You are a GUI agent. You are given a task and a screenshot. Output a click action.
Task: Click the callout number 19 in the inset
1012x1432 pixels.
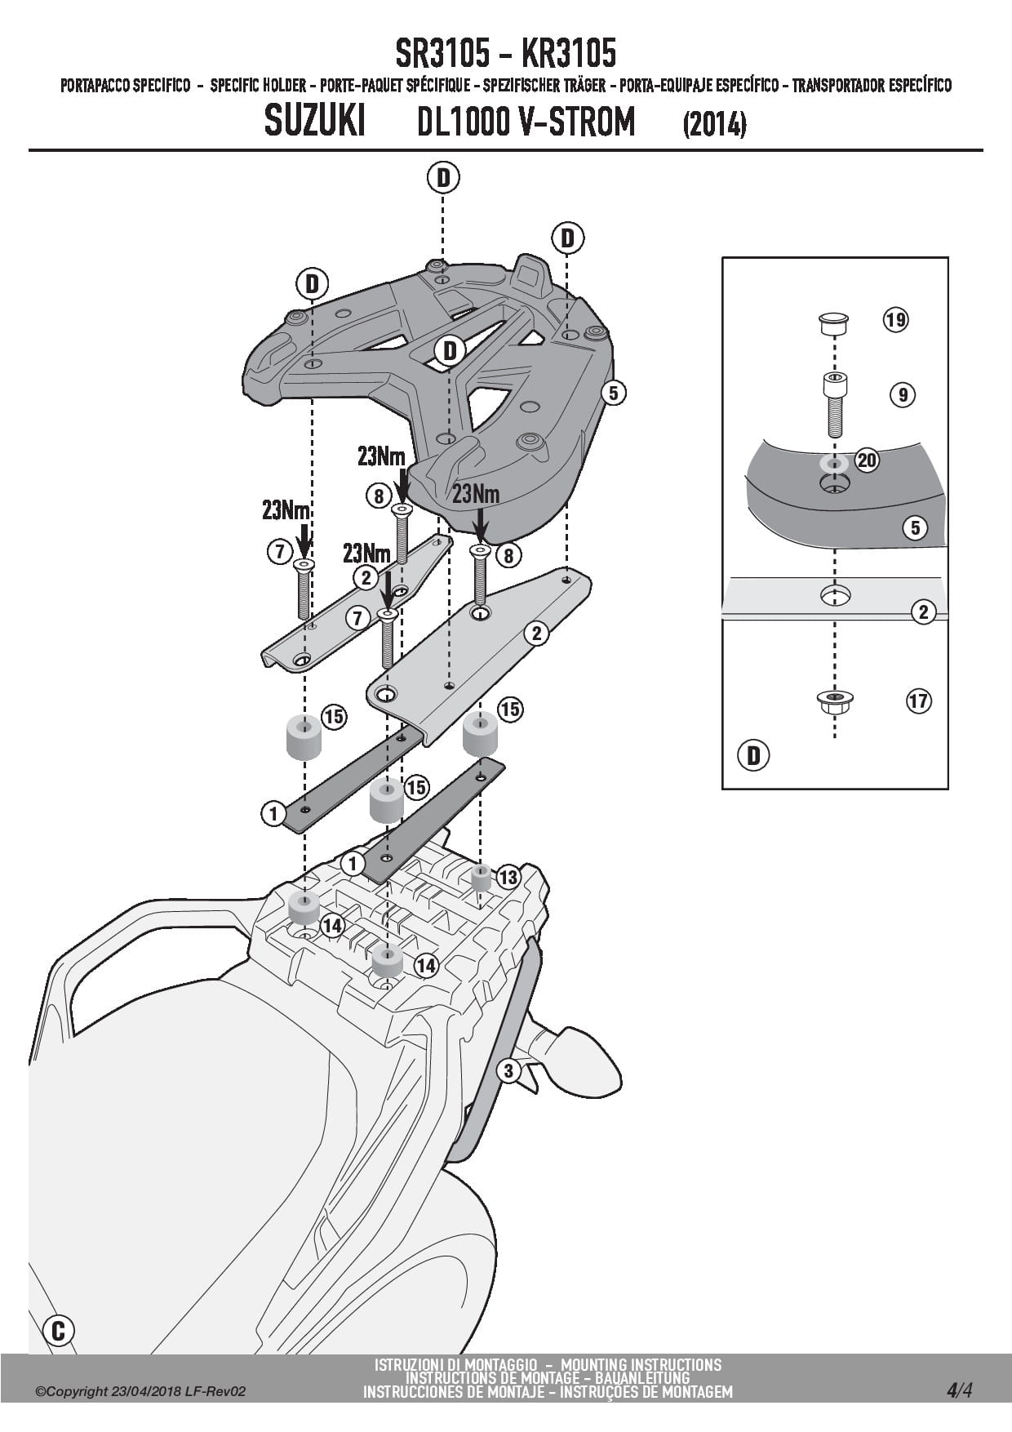click(x=895, y=319)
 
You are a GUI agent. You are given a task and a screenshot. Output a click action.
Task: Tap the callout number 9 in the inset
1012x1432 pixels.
click(x=902, y=395)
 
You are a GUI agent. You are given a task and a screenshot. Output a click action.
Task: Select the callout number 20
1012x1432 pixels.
click(x=866, y=460)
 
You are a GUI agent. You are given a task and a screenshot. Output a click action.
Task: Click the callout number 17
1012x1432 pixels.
click(x=918, y=700)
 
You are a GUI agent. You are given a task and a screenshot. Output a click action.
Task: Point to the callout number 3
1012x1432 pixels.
click(x=508, y=1070)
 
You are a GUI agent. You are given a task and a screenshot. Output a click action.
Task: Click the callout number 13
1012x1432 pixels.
click(x=508, y=878)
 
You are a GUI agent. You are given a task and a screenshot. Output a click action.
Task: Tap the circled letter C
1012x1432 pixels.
click(x=58, y=1330)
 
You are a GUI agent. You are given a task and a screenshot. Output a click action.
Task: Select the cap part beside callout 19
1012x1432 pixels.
click(x=834, y=322)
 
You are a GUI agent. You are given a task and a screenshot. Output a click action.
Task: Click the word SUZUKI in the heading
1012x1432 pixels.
click(x=315, y=122)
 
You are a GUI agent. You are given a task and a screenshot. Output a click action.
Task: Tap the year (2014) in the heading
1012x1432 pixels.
click(x=714, y=125)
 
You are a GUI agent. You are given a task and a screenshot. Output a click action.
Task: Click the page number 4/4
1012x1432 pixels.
click(x=959, y=1390)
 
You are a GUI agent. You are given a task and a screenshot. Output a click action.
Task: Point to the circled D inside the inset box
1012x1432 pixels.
click(x=752, y=755)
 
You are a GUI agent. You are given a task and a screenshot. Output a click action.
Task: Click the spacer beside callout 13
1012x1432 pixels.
click(x=481, y=878)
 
